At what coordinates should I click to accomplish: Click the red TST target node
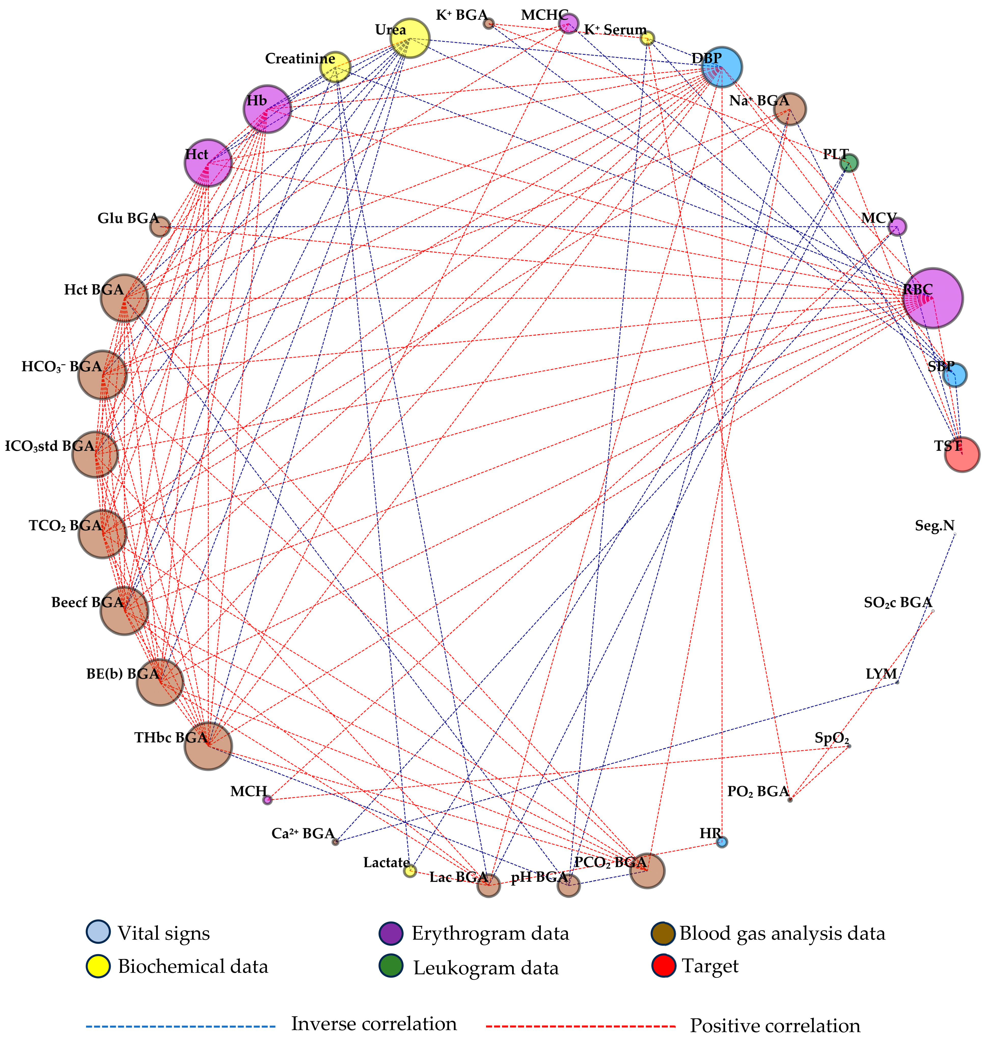coord(961,454)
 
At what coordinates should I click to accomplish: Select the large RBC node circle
coord(932,299)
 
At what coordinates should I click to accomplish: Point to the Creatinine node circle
coord(335,67)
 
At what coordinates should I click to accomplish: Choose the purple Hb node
coord(267,109)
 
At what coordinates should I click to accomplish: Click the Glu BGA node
coord(160,227)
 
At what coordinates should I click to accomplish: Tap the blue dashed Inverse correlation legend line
coord(180,1026)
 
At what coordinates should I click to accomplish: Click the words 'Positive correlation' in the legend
coord(775,1026)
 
